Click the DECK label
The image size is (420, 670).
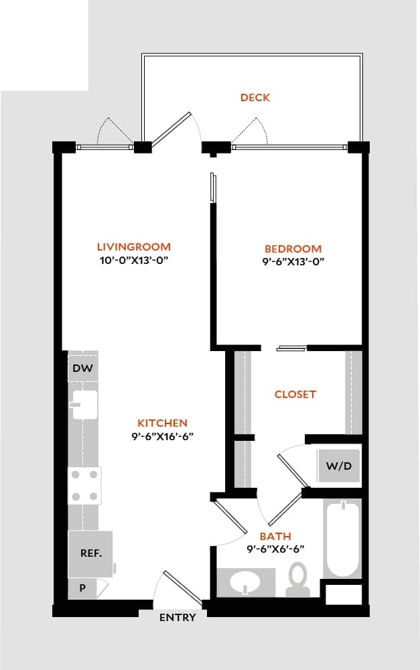click(x=255, y=98)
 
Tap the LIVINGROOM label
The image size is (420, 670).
click(x=134, y=247)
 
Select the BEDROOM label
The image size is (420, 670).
click(x=293, y=249)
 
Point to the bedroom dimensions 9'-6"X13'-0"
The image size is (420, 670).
click(x=293, y=262)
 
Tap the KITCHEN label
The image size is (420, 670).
click(x=162, y=423)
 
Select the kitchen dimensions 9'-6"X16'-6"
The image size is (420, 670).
click(x=162, y=436)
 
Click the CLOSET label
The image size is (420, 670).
click(x=295, y=394)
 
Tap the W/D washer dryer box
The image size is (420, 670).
click(x=339, y=465)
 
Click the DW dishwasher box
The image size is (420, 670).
click(x=83, y=368)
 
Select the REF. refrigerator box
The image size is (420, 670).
click(x=90, y=554)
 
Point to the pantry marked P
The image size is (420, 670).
click(x=83, y=588)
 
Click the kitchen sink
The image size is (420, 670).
click(x=84, y=405)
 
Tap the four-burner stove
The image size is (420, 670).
click(x=86, y=486)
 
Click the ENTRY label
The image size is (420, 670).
click(x=178, y=617)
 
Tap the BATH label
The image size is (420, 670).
click(x=275, y=536)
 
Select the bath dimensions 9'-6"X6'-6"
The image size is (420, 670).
click(x=276, y=549)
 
